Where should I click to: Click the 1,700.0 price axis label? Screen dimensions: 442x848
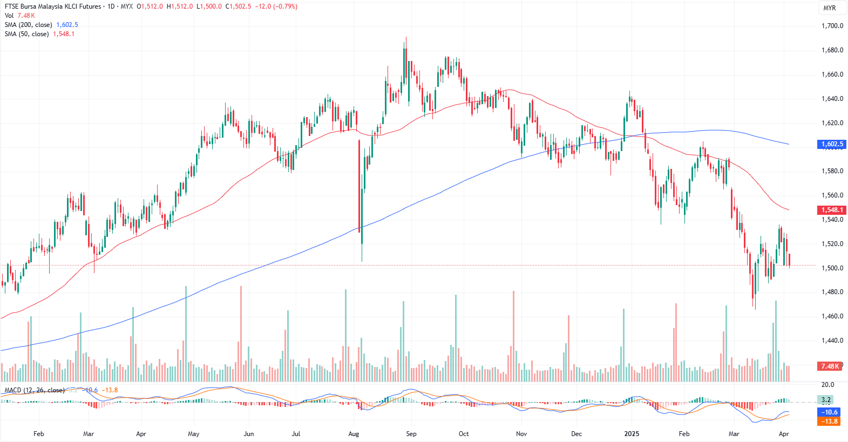coord(832,26)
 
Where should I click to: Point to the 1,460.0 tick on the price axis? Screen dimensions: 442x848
coord(832,316)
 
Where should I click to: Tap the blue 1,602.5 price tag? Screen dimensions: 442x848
coord(831,144)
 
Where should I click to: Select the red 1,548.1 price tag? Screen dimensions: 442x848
coord(831,210)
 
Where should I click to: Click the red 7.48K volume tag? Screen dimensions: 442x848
coord(830,366)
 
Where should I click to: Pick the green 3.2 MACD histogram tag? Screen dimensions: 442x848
coord(826,400)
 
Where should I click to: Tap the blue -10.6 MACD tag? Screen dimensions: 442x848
coord(830,412)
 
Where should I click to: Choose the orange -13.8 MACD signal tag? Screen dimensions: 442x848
coord(830,421)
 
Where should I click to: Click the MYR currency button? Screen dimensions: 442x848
coord(830,8)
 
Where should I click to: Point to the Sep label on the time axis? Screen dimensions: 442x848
coord(411,434)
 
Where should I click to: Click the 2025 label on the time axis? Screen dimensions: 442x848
coord(632,434)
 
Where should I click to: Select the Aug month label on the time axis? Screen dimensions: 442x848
coord(354,434)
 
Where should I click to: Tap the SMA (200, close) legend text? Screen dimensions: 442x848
coord(28,25)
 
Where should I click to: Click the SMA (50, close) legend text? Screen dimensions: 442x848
coord(26,34)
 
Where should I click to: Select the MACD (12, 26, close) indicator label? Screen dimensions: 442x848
coord(34,390)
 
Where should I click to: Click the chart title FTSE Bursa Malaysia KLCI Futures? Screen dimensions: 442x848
coord(53,6)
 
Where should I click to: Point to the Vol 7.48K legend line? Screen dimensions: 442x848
coord(19,16)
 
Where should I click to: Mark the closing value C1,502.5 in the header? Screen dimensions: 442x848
coord(238,6)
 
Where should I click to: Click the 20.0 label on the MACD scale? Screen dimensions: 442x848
coord(827,385)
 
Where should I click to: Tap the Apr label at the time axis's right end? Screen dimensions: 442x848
coord(784,434)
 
